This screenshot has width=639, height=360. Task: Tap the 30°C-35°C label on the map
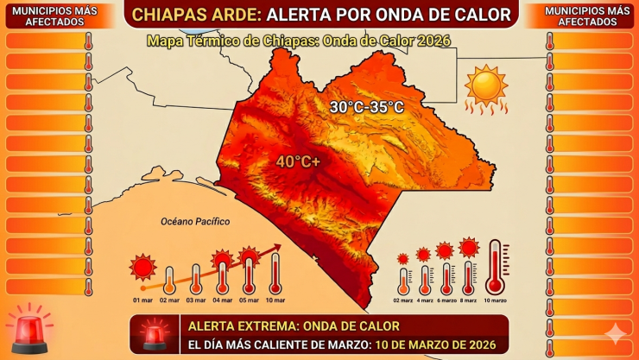click(x=367, y=107)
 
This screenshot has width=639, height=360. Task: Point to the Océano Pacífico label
click(x=195, y=222)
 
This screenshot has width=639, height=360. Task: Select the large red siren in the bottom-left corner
click(x=29, y=329)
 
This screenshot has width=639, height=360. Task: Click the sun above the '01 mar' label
click(x=142, y=267)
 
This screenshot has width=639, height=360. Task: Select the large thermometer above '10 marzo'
click(x=495, y=268)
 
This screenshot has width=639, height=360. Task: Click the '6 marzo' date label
click(x=446, y=300)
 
